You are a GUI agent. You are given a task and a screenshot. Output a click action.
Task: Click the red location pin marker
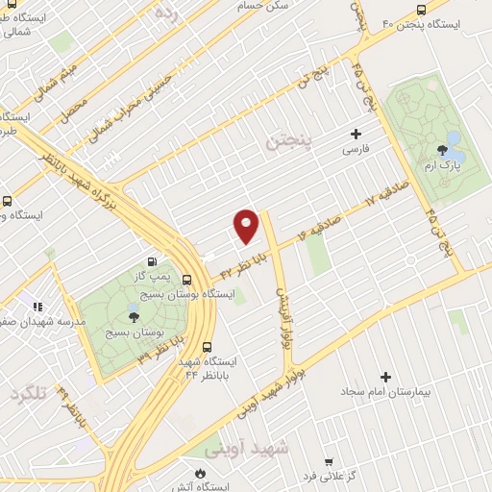coord(247,226)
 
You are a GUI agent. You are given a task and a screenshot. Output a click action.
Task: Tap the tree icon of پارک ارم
coord(441,149)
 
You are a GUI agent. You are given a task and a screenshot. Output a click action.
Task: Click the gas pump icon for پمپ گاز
coord(151,261)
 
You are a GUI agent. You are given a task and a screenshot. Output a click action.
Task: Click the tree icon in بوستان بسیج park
coord(133,316)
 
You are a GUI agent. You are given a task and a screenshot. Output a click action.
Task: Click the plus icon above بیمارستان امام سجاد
coord(386,377)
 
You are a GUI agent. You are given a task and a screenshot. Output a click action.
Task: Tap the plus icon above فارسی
coord(357,134)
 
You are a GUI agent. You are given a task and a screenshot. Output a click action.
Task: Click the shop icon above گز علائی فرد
coord(328,460)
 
